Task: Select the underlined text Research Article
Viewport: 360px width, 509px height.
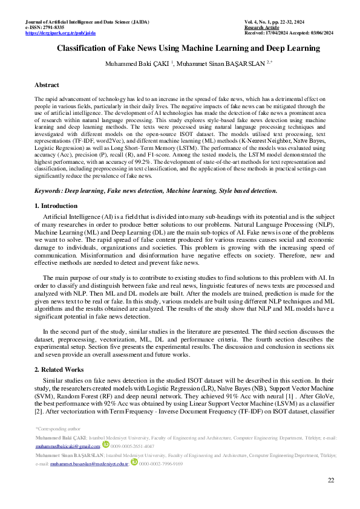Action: click(x=262, y=28)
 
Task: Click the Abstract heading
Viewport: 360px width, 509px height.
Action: click(x=47, y=85)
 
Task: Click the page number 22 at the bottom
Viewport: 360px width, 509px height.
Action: click(x=330, y=480)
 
